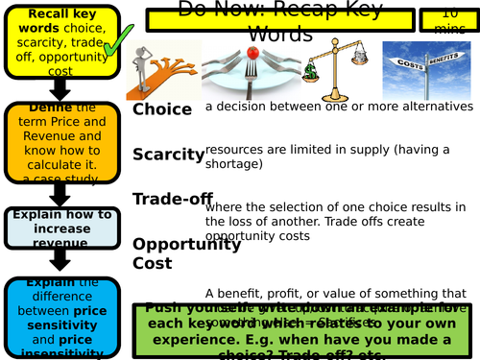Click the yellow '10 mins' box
coord(448,19)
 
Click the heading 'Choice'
coord(162,109)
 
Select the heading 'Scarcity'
coord(168,155)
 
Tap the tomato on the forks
coord(254,52)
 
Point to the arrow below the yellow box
coord(60,89)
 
